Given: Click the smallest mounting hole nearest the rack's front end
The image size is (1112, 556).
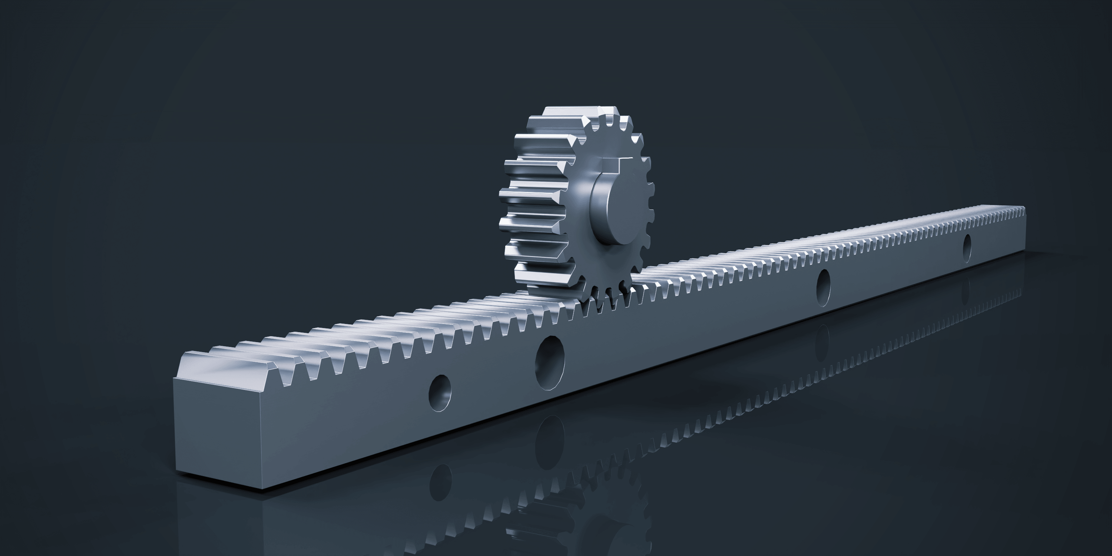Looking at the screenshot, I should [x=440, y=393].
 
